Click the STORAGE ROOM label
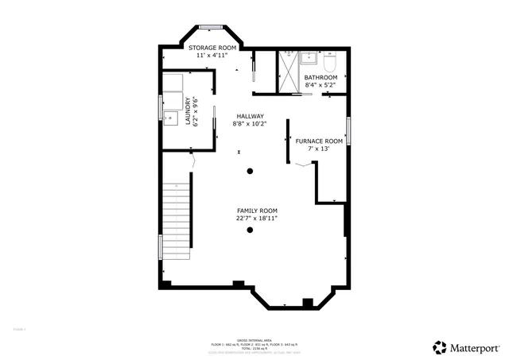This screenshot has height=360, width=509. point(212,48)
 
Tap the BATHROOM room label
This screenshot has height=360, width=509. point(321,77)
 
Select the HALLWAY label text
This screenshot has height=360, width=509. point(249,116)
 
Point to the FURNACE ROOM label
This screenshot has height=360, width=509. point(319,141)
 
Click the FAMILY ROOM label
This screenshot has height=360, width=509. point(256,210)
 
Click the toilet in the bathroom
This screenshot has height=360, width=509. point(331,60)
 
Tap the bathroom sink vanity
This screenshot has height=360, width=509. point(311,58)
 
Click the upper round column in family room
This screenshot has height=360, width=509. point(250,171)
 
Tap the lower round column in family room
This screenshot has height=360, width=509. point(250,230)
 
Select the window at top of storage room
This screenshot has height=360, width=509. point(210,27)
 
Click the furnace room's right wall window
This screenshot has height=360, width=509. point(348,131)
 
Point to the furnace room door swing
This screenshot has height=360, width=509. point(302,165)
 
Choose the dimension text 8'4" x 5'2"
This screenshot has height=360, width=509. point(321,85)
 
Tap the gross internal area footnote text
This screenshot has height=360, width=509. point(253,344)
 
